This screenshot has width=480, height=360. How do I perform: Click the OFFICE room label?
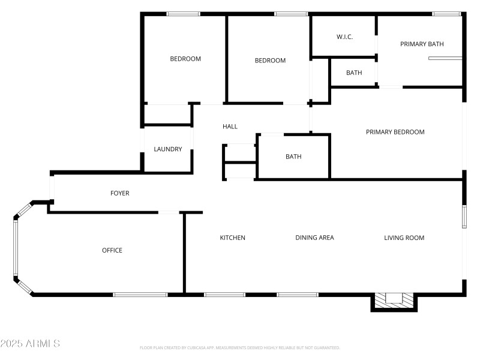pos(112,250)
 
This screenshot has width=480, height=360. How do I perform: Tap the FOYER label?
pos(120,193)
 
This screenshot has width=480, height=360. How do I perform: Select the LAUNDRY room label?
pos(168,149)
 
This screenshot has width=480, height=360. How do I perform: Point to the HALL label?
pos(230,127)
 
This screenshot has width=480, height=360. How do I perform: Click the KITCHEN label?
pos(232,238)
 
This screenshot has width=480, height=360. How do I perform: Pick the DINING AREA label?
pos(314,238)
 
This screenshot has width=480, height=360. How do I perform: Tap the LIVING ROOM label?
pos(404,238)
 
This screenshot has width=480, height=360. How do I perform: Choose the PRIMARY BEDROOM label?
pos(395,132)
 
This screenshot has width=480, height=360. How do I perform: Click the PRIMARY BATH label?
pos(422,44)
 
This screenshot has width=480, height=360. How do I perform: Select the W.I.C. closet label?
pos(344,37)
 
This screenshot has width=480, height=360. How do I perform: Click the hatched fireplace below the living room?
pos(394,299)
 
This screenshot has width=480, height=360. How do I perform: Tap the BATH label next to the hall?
pos(293,157)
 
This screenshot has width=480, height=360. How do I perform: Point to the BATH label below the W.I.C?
pos(354,73)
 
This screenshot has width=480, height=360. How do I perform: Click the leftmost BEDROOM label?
pos(185,59)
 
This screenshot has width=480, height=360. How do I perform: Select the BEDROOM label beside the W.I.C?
pos(270,61)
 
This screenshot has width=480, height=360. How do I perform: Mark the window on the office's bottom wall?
pos(140,295)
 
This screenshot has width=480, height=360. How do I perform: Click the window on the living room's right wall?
pos(464,217)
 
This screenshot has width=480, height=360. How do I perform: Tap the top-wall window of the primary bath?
pos(446,14)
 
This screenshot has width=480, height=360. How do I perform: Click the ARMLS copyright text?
pos(30,344)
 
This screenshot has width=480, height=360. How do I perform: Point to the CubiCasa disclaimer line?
pos(240,347)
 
